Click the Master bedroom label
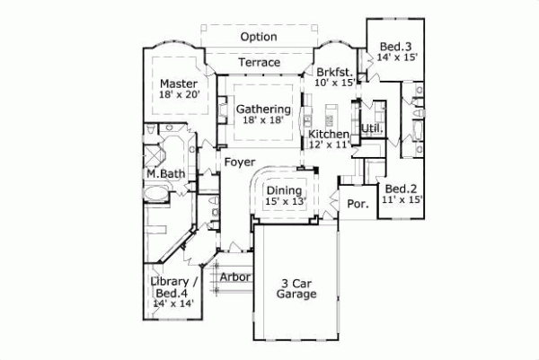[179, 84]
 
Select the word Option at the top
[259, 37]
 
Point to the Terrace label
[260, 63]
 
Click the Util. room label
[372, 128]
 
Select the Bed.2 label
[401, 189]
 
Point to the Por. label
[358, 204]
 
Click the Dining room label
[284, 189]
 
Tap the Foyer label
[237, 162]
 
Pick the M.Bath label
[166, 173]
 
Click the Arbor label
[235, 277]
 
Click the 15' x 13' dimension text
[284, 202]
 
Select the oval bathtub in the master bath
[157, 193]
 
